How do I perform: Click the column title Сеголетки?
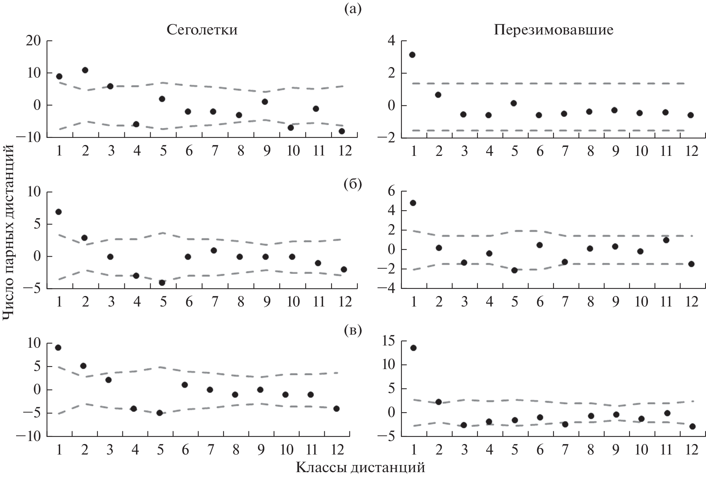click(x=202, y=30)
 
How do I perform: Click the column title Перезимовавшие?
click(x=554, y=30)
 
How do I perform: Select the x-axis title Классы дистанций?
click(x=360, y=467)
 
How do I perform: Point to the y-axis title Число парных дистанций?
click(x=8, y=233)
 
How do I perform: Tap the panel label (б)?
click(x=353, y=185)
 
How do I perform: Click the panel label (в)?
click(x=353, y=330)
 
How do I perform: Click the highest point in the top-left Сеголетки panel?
click(x=85, y=70)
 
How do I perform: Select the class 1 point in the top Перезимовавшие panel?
click(x=412, y=55)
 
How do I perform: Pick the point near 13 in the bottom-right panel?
click(x=413, y=348)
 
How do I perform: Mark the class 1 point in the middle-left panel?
click(x=58, y=212)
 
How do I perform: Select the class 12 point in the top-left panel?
click(x=342, y=131)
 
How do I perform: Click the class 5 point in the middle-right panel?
click(x=514, y=270)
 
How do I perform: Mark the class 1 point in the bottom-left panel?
click(x=58, y=347)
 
